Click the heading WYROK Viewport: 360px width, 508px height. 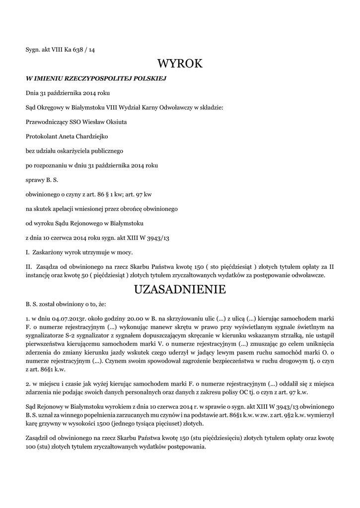point(180,64)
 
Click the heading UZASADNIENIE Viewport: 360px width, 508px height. point(180,290)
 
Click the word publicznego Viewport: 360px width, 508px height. point(105,150)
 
